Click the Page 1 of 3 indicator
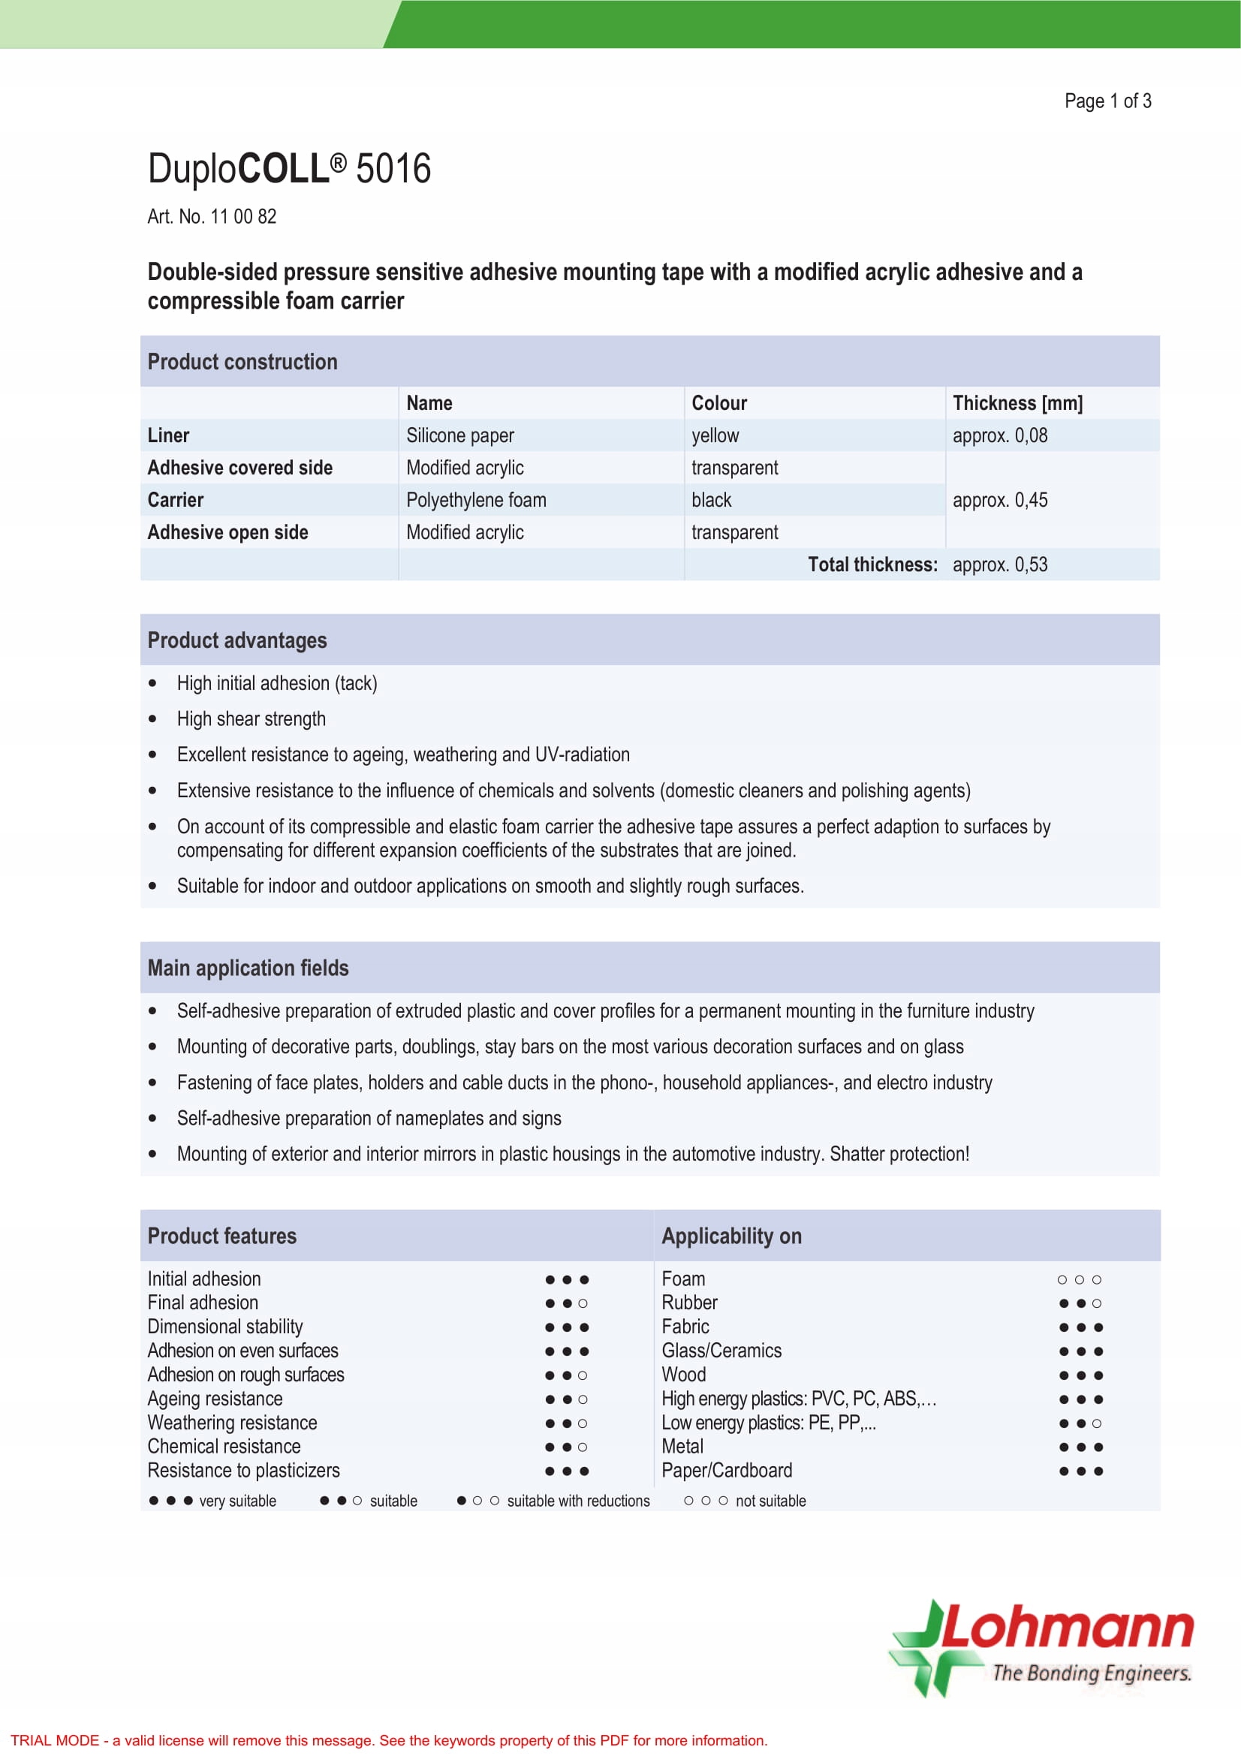click(1107, 101)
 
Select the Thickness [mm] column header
click(1017, 403)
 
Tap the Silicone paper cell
click(459, 435)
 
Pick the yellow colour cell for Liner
click(715, 435)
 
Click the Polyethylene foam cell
click(475, 500)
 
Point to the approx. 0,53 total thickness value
click(999, 565)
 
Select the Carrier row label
click(175, 500)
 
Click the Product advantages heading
click(237, 640)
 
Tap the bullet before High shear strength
click(153, 719)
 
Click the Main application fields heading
click(248, 968)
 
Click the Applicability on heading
click(731, 1236)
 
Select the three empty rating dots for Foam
click(1079, 1279)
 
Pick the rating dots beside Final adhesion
click(567, 1303)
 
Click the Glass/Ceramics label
click(721, 1351)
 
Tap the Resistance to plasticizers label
click(243, 1470)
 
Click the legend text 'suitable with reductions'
click(578, 1501)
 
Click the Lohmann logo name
click(1067, 1629)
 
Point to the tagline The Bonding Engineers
click(1091, 1673)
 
